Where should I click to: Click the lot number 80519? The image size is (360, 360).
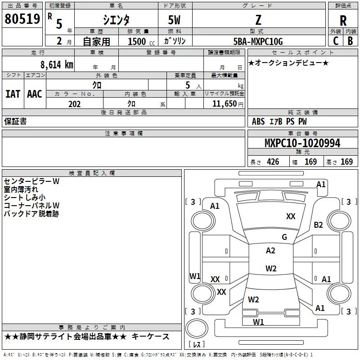point(22,19)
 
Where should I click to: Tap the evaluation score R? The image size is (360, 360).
point(343,21)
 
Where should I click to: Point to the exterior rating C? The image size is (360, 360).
point(335,40)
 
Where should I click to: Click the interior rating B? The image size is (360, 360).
point(350,40)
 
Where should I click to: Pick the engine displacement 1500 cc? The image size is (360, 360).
point(139,41)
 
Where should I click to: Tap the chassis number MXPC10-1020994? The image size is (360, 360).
point(302,143)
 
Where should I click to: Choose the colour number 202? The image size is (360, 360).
point(74,104)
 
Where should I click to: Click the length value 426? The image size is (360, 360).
point(272,162)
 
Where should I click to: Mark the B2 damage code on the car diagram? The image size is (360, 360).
point(319,225)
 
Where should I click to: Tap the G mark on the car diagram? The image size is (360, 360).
point(284,237)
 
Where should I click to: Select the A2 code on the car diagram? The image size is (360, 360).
point(270,251)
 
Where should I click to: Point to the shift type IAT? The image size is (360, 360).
point(13,94)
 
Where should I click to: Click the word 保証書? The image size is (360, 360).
point(15,121)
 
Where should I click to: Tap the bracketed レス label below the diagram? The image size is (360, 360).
point(197,345)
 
